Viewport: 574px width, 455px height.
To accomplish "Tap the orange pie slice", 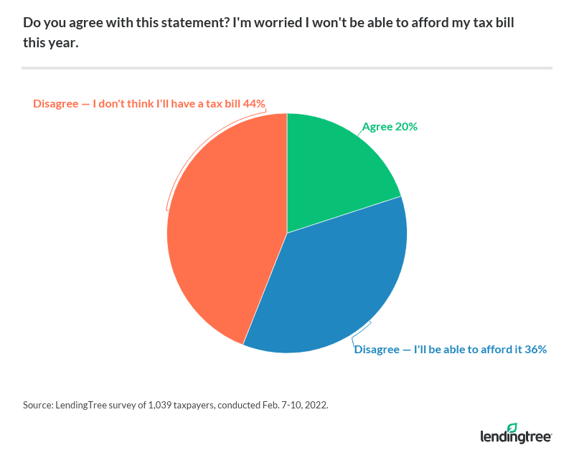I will (x=222, y=229).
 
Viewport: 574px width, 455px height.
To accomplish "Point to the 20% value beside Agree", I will (x=406, y=127).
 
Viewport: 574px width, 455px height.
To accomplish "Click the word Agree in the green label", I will (x=377, y=127).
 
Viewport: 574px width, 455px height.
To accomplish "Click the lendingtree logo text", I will (x=514, y=437).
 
